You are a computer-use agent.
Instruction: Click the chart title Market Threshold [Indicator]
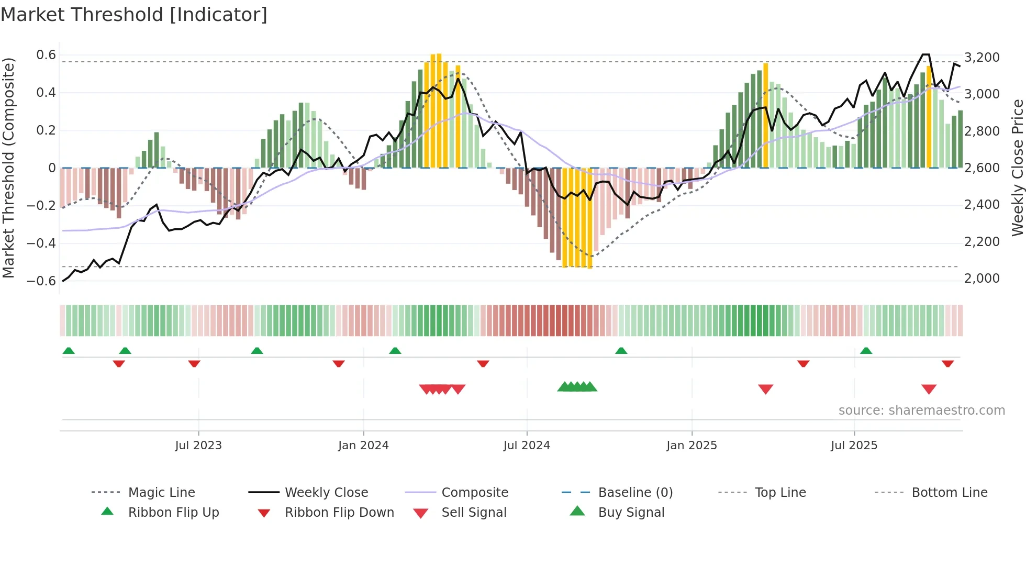pos(134,15)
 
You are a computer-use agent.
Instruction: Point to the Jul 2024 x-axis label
pos(527,446)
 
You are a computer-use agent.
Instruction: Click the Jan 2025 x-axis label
pos(692,446)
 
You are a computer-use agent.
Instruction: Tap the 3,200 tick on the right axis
pos(982,57)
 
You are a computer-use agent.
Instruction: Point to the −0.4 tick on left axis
pos(41,243)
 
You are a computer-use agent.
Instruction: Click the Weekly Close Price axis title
pos(1017,168)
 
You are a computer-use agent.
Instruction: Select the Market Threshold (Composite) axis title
pos(8,168)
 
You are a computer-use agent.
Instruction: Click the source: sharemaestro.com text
pos(921,410)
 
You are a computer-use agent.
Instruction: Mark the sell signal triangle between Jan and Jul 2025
pos(765,389)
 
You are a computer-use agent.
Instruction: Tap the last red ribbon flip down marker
pos(947,363)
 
